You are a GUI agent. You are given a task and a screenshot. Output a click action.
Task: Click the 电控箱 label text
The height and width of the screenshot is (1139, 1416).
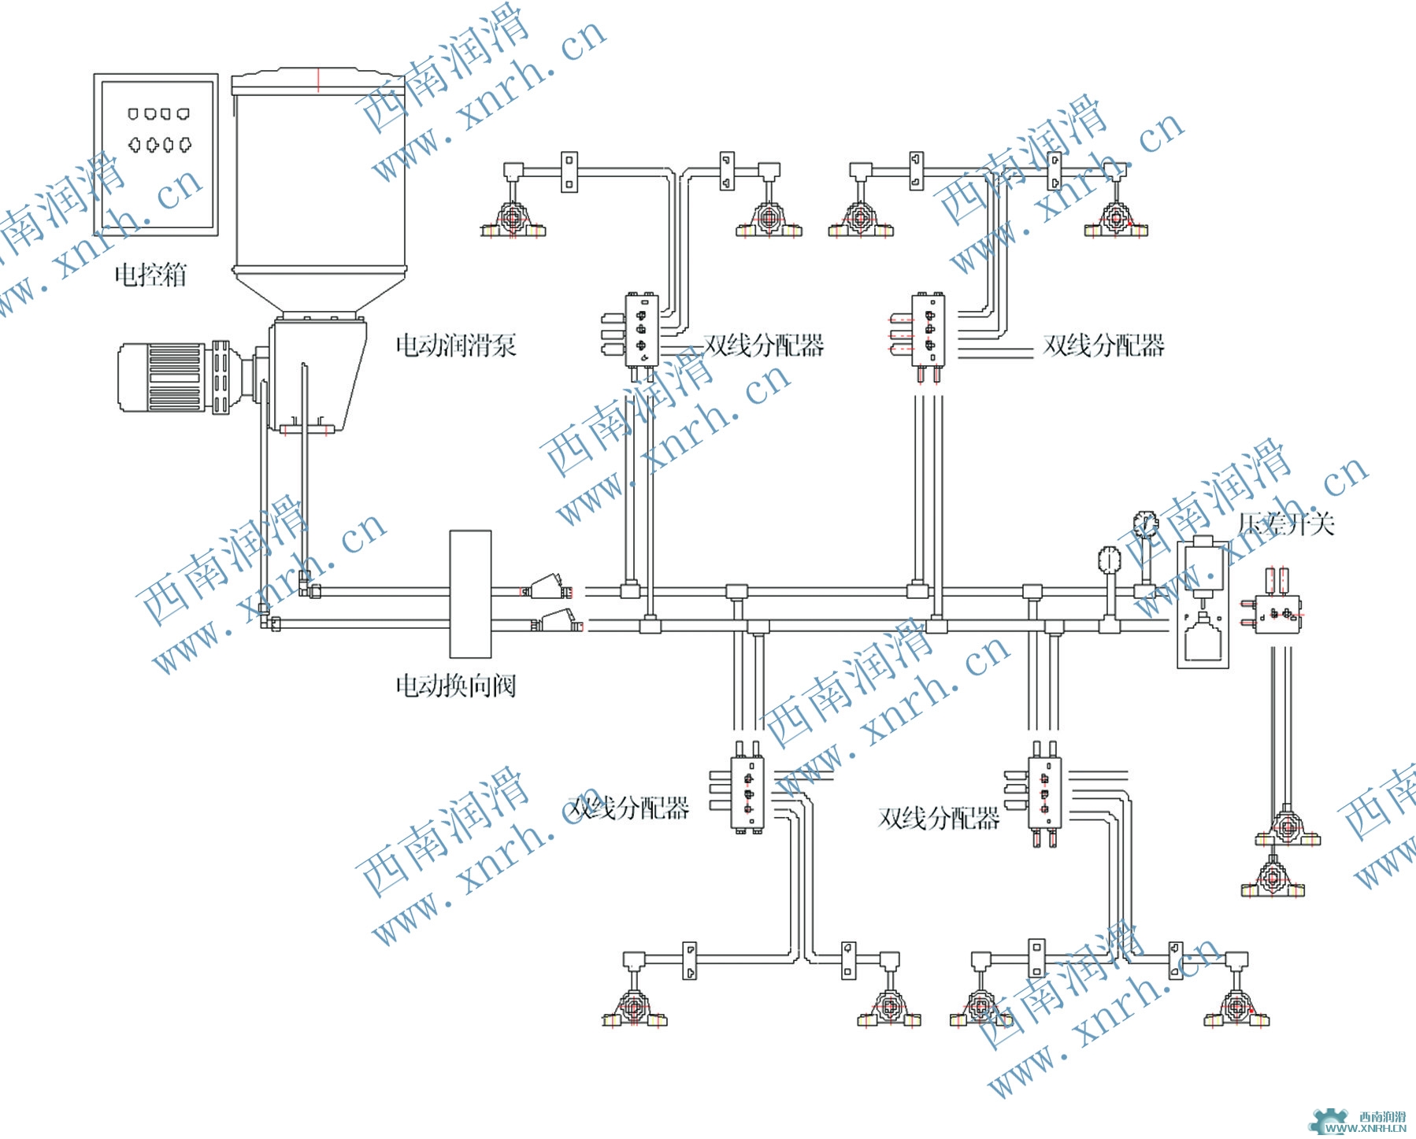point(150,276)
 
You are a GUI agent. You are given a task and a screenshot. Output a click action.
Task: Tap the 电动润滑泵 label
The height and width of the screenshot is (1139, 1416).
point(455,345)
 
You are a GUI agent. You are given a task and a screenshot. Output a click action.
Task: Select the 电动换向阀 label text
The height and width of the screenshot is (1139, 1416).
point(455,686)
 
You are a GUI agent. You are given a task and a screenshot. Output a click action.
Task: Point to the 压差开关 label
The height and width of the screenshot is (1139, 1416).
point(1286,524)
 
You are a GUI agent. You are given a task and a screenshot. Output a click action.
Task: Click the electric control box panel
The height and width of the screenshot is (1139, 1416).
point(156,154)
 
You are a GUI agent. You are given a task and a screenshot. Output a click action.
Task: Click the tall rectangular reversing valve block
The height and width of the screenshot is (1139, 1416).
point(470,594)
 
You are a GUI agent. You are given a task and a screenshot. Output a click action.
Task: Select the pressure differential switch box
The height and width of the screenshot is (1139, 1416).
point(1202,604)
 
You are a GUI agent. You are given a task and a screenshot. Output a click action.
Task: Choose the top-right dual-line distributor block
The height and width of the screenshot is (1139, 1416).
point(929,331)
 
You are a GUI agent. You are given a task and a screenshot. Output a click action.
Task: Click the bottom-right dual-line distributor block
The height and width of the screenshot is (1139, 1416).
point(1044,793)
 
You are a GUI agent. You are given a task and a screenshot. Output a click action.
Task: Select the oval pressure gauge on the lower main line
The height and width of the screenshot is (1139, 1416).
point(1108,560)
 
